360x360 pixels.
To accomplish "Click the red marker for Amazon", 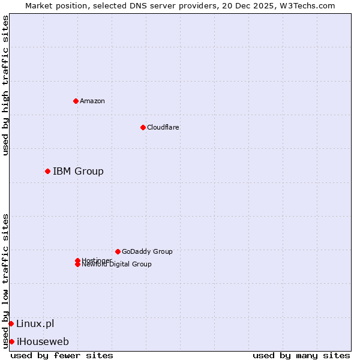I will pos(76,101).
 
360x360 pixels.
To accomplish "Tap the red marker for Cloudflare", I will pos(143,127).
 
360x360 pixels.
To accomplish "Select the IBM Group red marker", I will pos(47,172).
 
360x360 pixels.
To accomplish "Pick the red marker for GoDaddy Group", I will pos(118,251).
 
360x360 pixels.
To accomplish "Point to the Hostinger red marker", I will pos(77,260).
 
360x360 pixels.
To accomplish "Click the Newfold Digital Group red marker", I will pos(77,265).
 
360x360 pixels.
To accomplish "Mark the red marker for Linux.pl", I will pos(11,324).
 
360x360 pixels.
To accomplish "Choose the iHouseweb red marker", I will pos(11,342).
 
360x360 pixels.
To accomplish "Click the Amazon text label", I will pos(92,101).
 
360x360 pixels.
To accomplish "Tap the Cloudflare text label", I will pos(163,127).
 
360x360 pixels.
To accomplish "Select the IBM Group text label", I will pos(78,172).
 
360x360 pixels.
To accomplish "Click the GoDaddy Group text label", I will pos(147,251).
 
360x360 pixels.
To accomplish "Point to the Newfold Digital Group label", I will pos(116,265).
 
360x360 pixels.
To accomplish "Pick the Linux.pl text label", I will pos(35,324).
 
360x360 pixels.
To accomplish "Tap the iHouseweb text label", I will pos(43,342).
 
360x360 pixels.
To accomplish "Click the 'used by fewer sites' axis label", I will pos(62,355).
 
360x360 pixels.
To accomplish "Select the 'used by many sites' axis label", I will pos(301,355).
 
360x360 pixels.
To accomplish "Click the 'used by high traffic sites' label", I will pos(6,85).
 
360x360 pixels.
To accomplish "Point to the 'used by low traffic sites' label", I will pos(6,281).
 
